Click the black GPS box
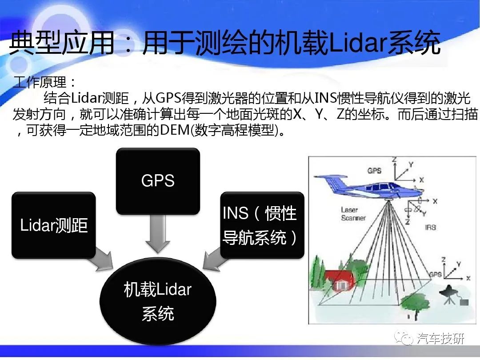[158, 181]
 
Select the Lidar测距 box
[54, 225]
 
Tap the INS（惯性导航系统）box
[262, 225]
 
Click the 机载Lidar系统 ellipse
[158, 301]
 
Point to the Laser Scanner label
[353, 214]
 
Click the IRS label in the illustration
[430, 227]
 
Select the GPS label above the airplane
[374, 171]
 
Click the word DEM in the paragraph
[175, 130]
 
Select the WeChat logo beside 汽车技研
[404, 338]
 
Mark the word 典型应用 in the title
[62, 43]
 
